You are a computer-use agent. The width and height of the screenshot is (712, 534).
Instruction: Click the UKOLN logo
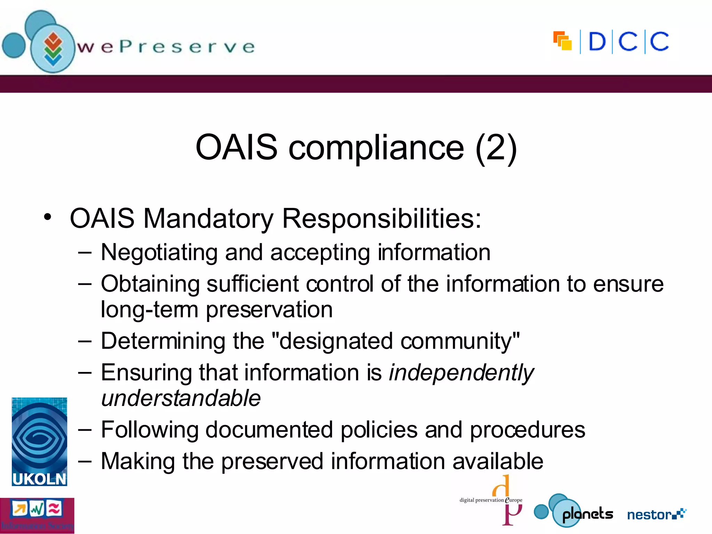pyautogui.click(x=39, y=442)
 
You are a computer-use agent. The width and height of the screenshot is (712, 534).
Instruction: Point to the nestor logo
pyautogui.click(x=656, y=514)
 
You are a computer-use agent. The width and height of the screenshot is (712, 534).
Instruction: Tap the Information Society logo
pyautogui.click(x=37, y=516)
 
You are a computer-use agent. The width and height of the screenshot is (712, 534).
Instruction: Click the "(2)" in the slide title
pyautogui.click(x=496, y=147)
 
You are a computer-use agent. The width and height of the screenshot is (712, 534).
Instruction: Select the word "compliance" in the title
pyautogui.click(x=376, y=148)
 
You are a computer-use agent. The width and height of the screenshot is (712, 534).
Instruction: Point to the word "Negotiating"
pyautogui.click(x=159, y=252)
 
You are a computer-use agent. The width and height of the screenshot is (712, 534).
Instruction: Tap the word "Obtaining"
pyautogui.click(x=150, y=284)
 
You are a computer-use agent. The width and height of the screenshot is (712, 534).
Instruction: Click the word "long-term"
pyautogui.click(x=149, y=309)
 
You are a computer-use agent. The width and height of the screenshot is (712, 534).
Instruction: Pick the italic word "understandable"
pyautogui.click(x=181, y=398)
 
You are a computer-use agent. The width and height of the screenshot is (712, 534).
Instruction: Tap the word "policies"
pyautogui.click(x=379, y=430)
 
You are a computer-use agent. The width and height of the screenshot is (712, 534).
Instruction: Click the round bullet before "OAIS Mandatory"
pyautogui.click(x=48, y=217)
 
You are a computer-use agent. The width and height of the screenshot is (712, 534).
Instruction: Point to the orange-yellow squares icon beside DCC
pyautogui.click(x=562, y=41)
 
